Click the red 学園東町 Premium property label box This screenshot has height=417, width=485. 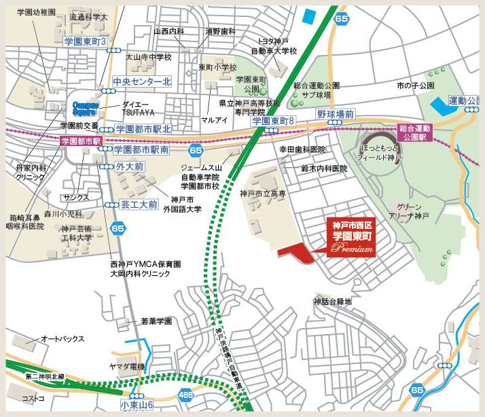pyautogui.click(x=350, y=236)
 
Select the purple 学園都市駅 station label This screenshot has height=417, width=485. pyautogui.click(x=80, y=141)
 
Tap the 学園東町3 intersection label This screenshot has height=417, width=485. pyautogui.click(x=86, y=41)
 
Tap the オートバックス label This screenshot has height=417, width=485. pyautogui.click(x=62, y=338)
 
